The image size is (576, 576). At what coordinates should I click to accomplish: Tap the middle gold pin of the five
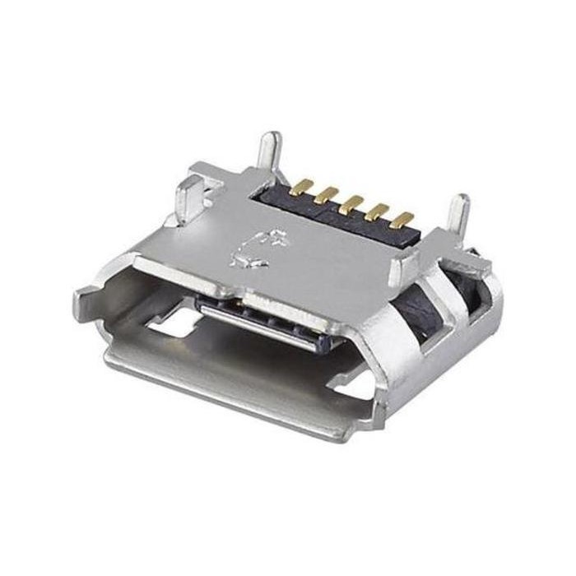pos(354,201)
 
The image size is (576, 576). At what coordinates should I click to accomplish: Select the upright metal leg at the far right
pos(458,216)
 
